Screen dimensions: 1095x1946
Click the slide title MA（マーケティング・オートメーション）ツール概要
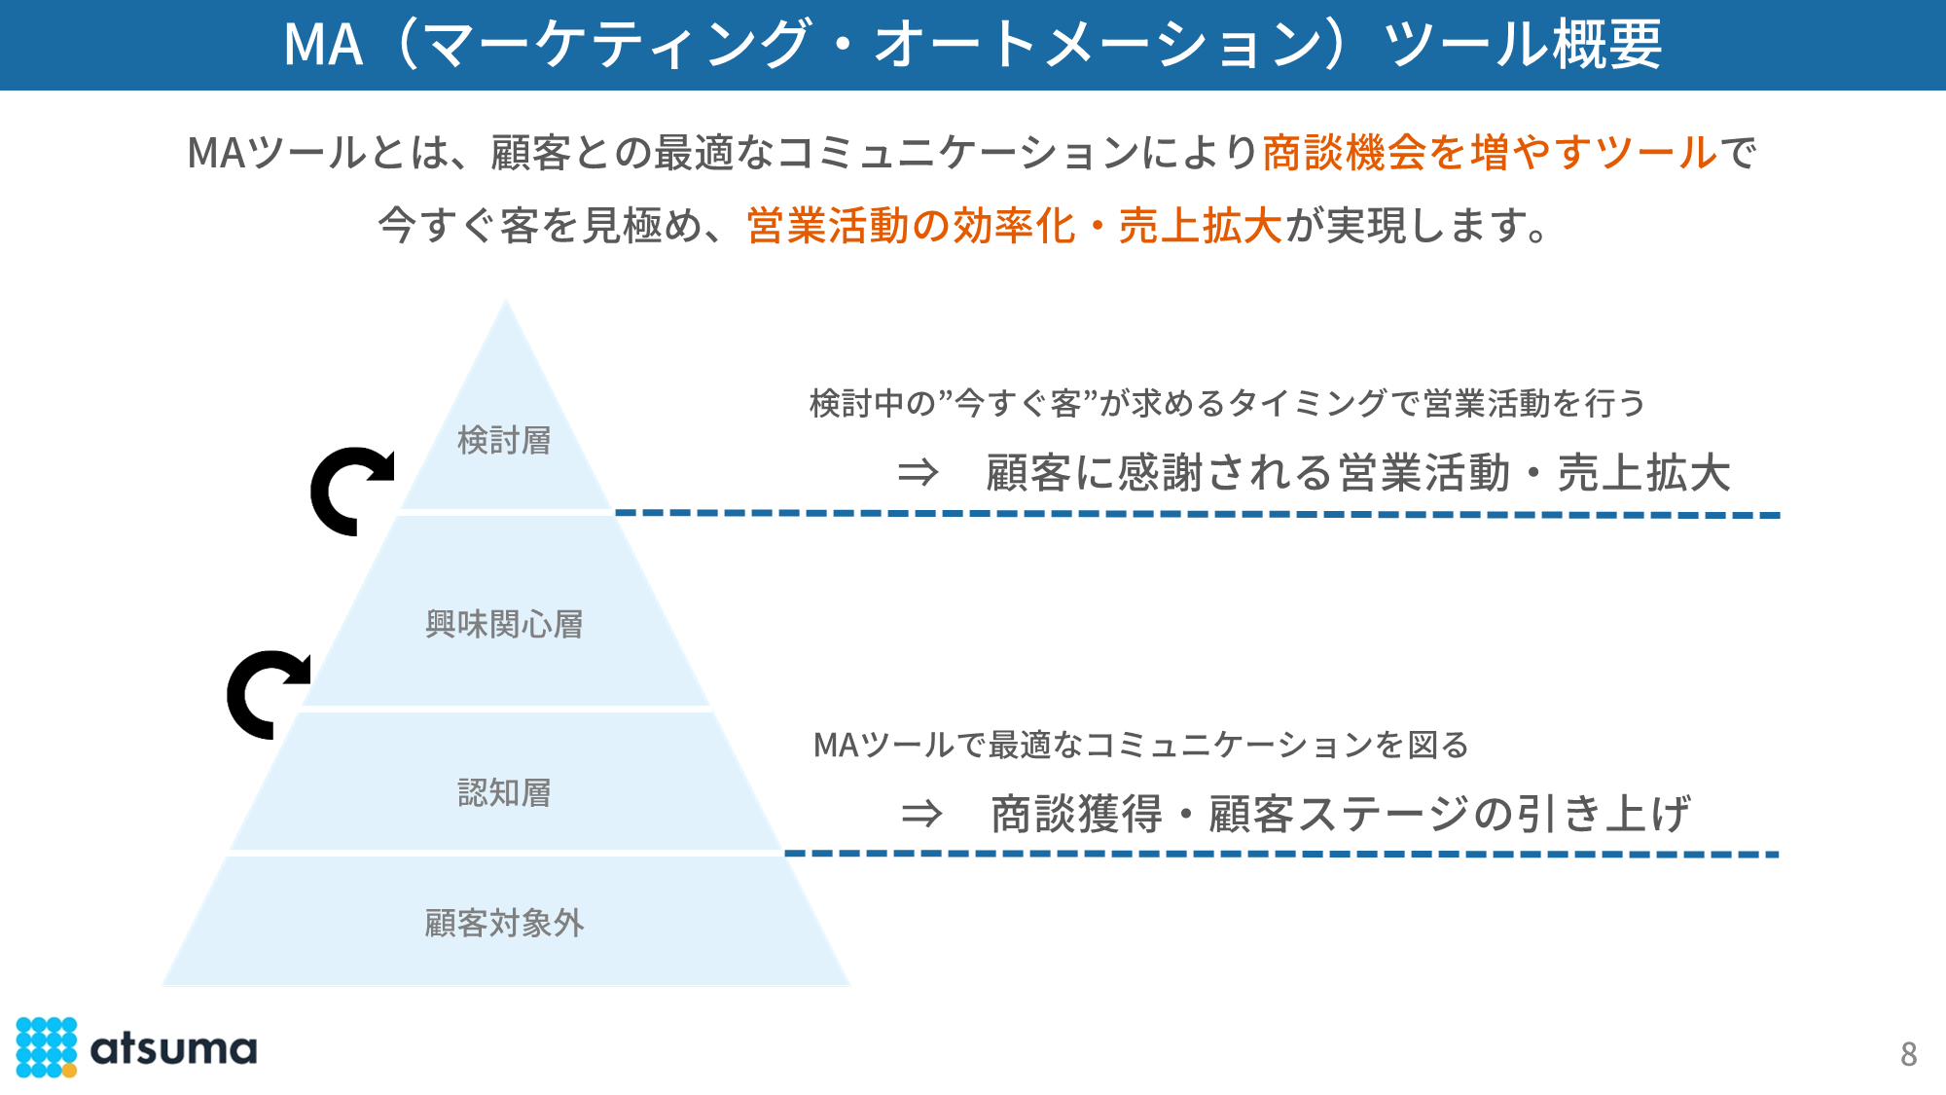tap(973, 45)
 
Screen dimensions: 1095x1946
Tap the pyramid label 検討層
tap(504, 441)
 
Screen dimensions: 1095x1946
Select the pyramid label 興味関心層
tap(504, 624)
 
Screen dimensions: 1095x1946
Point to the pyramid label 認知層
tap(504, 793)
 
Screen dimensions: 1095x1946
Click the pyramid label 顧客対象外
tap(504, 923)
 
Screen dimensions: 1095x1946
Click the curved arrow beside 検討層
tap(350, 491)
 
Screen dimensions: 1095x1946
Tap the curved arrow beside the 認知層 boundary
tap(267, 693)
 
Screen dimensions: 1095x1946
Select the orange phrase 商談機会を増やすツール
tap(1490, 153)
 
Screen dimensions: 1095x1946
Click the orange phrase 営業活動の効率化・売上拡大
tap(1014, 226)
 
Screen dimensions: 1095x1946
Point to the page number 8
tap(1908, 1054)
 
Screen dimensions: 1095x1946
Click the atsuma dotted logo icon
tap(46, 1047)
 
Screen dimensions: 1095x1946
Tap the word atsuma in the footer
tap(173, 1049)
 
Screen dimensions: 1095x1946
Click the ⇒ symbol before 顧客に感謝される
tap(918, 474)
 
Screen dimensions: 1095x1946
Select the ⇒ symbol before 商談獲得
tap(921, 814)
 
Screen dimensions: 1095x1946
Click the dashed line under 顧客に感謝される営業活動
tap(1197, 513)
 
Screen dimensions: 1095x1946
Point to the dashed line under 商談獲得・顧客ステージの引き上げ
tap(1280, 854)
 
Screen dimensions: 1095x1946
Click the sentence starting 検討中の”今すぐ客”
tap(1227, 403)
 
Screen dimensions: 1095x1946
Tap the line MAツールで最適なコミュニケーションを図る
tap(1140, 746)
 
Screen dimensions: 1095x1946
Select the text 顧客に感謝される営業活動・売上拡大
tap(1358, 474)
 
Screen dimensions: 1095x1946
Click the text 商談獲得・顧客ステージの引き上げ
tap(1340, 814)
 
